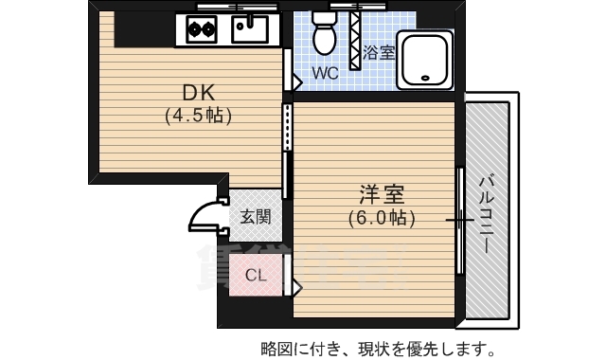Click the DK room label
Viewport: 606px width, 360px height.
click(x=201, y=93)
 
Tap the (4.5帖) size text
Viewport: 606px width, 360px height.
click(x=199, y=117)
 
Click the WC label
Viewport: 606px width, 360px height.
click(x=325, y=72)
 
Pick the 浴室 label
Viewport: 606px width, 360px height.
click(x=379, y=53)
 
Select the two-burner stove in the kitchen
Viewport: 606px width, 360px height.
click(x=202, y=29)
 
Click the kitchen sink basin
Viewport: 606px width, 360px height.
click(x=250, y=30)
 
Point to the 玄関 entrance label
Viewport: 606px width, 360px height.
click(x=254, y=217)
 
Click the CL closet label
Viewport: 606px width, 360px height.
click(x=255, y=276)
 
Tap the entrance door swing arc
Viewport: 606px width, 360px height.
click(x=205, y=217)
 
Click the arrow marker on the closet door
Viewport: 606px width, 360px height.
click(x=296, y=284)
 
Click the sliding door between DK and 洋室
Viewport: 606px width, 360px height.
click(x=286, y=128)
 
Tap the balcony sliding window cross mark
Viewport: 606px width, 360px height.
click(x=459, y=220)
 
